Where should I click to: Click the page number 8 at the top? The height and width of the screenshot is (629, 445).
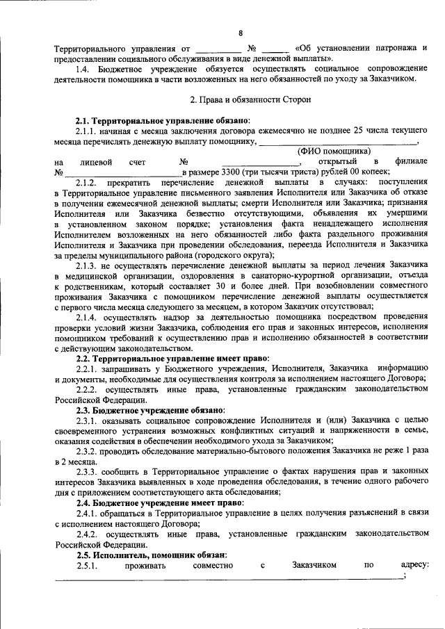[241, 33]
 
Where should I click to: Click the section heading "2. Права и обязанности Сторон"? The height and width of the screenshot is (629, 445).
[241, 99]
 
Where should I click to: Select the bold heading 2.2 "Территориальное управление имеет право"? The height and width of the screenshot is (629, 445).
[168, 357]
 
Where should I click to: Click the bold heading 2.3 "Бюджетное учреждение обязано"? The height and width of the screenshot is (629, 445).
[150, 409]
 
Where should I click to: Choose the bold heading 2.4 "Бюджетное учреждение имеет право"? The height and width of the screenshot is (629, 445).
[160, 502]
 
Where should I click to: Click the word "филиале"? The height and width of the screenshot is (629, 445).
[408, 161]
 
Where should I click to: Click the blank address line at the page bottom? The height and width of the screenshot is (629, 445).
[229, 579]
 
